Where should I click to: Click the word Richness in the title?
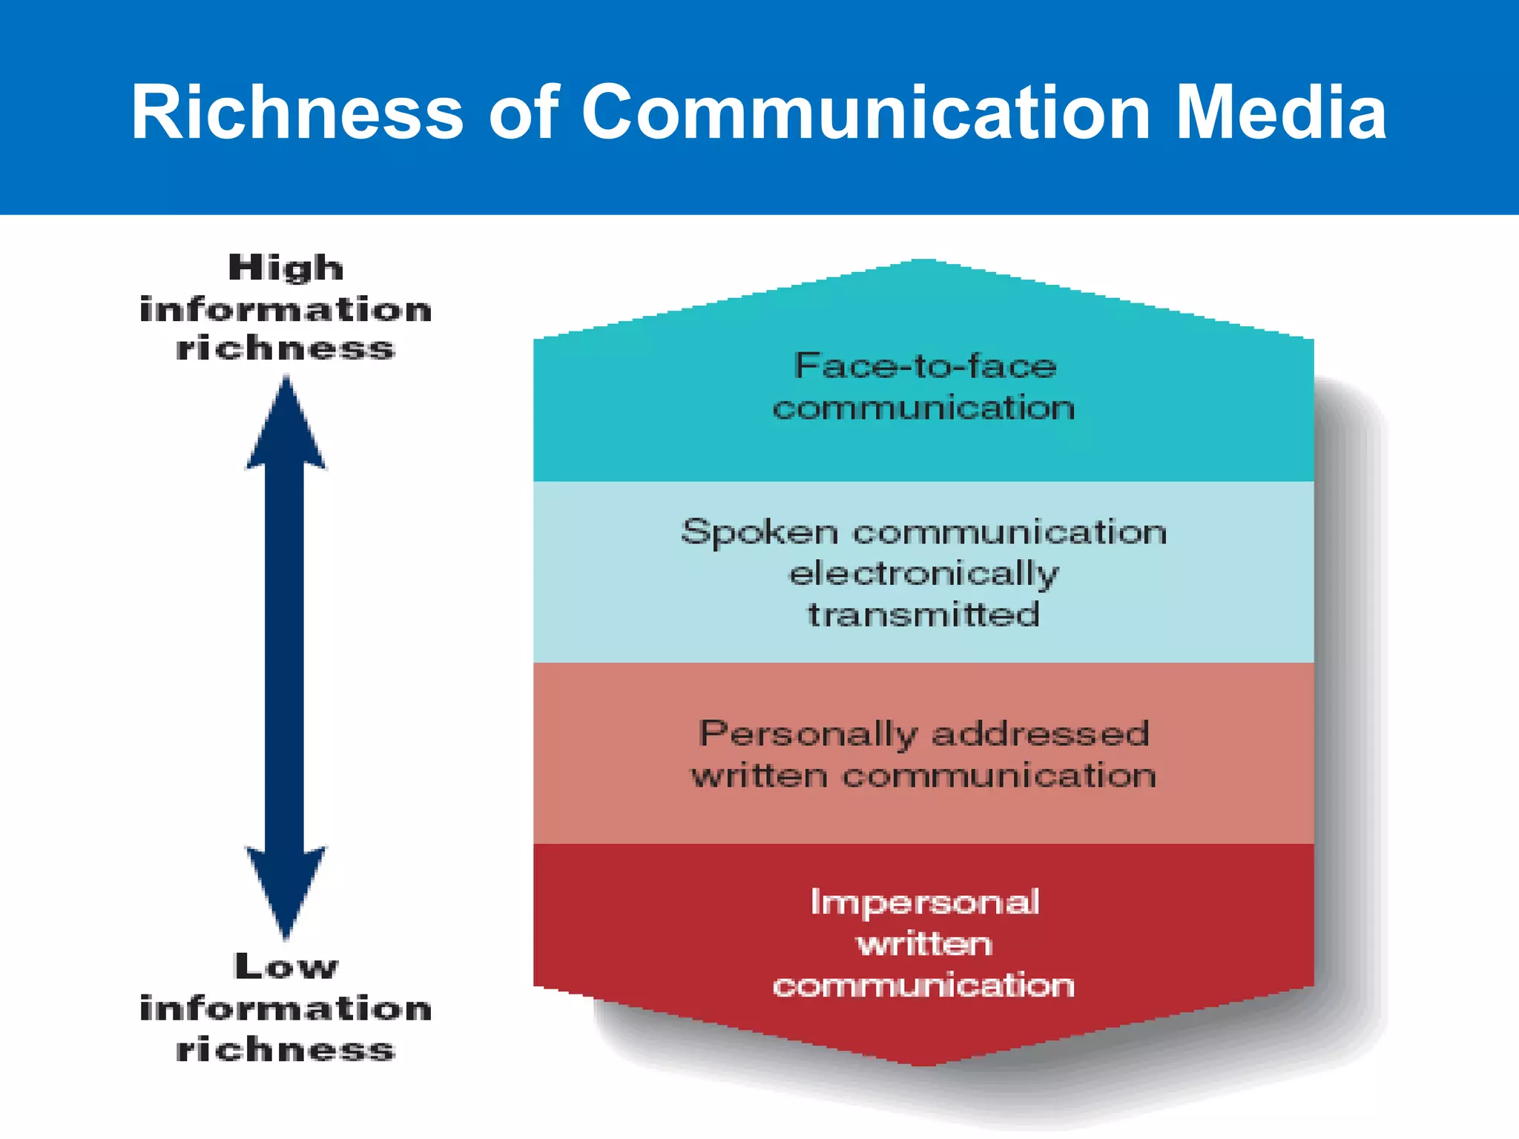point(297,113)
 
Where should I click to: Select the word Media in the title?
point(1281,113)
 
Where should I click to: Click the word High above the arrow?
point(286,268)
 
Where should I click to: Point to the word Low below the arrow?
point(286,967)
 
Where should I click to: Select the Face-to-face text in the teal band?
point(925,366)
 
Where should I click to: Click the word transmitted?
point(923,615)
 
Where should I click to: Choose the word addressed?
point(1040,733)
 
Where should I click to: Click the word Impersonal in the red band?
point(924,902)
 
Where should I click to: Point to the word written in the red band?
point(924,945)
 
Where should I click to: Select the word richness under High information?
point(286,349)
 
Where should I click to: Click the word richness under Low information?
point(286,1050)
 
